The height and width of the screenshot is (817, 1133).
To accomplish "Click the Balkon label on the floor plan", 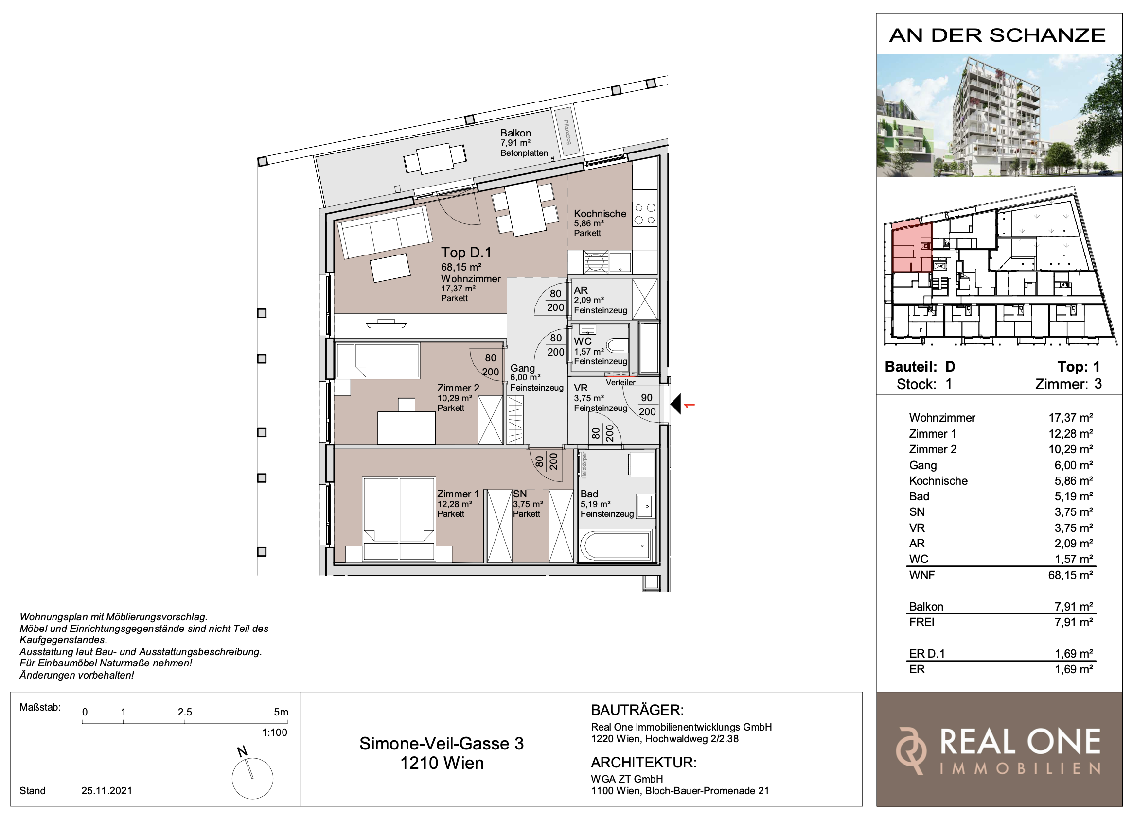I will point(515,133).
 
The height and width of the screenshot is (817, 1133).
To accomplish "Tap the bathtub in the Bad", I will point(616,545).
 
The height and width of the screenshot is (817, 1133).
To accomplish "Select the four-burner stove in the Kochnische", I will point(644,214).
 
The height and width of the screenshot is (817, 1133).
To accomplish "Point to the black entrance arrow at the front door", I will point(676,404).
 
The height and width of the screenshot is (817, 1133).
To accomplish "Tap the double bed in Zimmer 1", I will point(399,516).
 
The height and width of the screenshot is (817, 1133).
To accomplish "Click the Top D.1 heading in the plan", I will point(465,253).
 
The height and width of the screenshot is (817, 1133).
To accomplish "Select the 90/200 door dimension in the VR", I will point(647,405).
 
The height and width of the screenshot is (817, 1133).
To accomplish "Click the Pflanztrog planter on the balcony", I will point(566,132).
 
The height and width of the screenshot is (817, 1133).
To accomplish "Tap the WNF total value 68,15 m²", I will point(1070,575).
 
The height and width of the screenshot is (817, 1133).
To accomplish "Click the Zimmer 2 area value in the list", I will point(1070,449).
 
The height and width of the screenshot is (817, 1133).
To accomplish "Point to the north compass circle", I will point(252,779).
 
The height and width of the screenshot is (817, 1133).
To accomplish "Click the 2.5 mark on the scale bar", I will point(184,712).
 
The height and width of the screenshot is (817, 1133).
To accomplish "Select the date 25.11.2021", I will point(106,791).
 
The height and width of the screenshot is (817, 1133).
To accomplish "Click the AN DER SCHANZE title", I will point(997,35).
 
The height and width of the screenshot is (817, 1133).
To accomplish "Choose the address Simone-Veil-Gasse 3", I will point(441,744).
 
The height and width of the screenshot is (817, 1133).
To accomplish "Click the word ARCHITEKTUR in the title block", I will point(643,762).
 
